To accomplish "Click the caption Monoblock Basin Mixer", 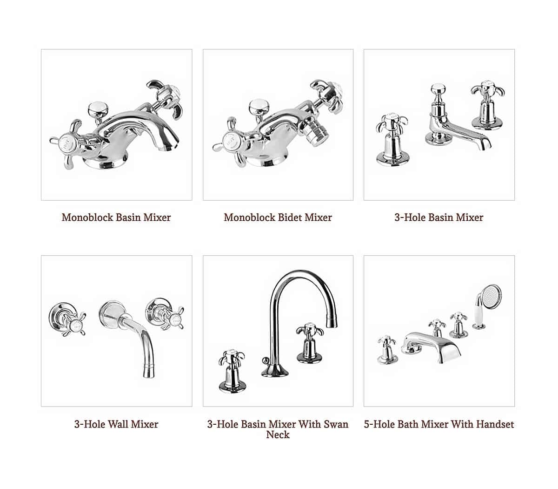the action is (116, 217).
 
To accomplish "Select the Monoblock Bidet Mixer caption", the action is (278, 217).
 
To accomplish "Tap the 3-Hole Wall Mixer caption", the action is (116, 424).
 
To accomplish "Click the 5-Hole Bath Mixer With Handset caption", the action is (439, 424).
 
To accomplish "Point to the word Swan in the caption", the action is (336, 424).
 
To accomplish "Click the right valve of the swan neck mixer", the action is (310, 343).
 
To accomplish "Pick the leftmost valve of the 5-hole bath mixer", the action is (387, 350).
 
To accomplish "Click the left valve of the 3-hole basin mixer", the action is (392, 141).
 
